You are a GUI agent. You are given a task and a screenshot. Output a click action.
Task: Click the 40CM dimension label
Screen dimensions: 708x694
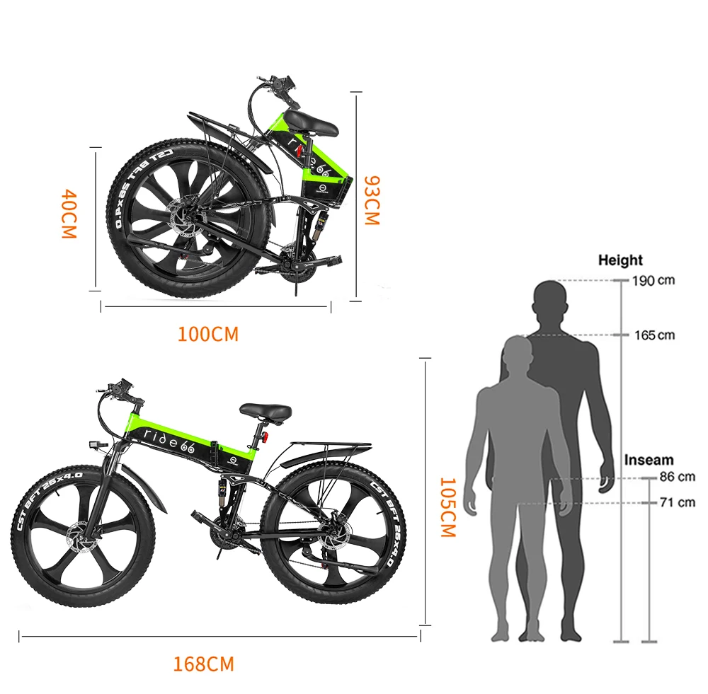(x=68, y=214)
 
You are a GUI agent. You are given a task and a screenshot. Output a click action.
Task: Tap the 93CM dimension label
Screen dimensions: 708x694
(x=371, y=200)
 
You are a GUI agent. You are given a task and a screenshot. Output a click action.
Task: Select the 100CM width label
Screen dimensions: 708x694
(x=207, y=334)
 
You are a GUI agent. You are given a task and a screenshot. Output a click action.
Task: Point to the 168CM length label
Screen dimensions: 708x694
(x=203, y=664)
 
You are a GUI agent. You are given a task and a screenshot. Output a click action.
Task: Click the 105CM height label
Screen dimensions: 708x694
(x=447, y=507)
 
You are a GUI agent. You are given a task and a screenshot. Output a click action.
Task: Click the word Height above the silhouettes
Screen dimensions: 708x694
(x=620, y=260)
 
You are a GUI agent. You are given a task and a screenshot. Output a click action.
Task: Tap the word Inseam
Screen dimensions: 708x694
(x=649, y=460)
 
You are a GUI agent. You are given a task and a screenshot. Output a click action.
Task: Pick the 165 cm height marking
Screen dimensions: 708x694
(x=654, y=335)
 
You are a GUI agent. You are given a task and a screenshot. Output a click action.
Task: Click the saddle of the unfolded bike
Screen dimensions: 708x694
(x=265, y=410)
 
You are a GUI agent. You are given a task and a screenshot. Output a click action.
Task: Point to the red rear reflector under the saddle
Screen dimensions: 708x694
(x=267, y=436)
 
